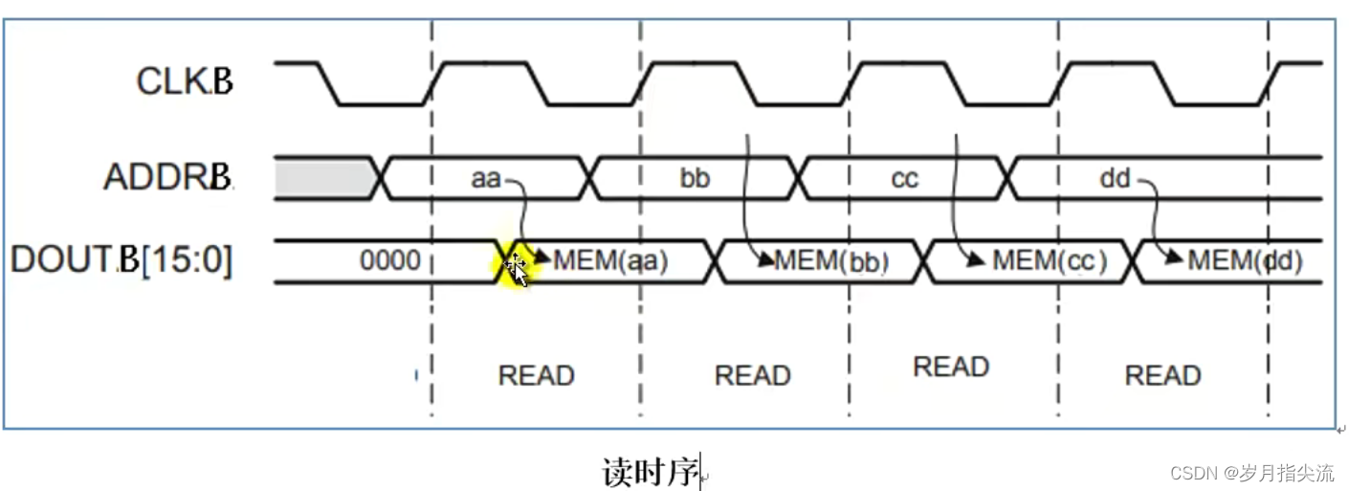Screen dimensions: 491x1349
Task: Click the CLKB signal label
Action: click(x=185, y=81)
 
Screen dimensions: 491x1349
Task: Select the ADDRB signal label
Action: click(x=168, y=178)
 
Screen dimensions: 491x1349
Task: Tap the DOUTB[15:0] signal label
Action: click(x=122, y=259)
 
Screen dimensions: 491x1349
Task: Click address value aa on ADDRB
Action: click(x=486, y=178)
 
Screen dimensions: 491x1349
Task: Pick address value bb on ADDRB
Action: click(x=695, y=178)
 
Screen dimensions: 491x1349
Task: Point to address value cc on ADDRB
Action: click(x=904, y=178)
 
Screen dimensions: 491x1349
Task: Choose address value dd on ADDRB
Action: click(x=1115, y=178)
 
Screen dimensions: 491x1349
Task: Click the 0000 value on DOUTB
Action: click(x=389, y=259)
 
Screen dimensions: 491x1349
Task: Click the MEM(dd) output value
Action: click(x=1245, y=259)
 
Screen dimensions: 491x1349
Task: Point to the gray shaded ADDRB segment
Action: click(x=323, y=178)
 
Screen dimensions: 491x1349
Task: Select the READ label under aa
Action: click(x=536, y=375)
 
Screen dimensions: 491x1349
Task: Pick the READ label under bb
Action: click(x=753, y=375)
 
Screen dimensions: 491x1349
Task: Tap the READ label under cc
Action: click(x=951, y=368)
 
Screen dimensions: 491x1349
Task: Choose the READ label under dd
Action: click(x=1162, y=375)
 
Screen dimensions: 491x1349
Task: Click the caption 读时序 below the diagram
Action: click(x=651, y=472)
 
